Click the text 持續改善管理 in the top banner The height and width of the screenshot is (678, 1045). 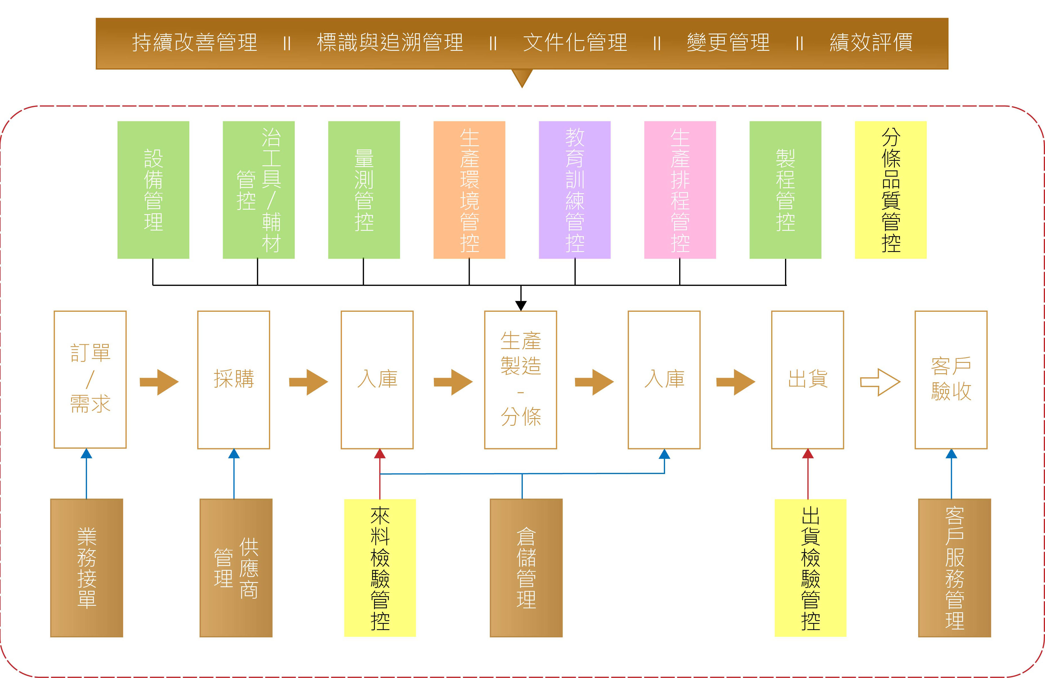tap(194, 43)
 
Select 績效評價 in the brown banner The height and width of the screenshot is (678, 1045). tap(871, 43)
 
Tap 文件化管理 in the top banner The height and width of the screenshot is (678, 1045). tap(575, 43)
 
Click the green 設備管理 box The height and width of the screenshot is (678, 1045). tap(153, 190)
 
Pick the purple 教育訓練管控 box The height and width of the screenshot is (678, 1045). tap(574, 190)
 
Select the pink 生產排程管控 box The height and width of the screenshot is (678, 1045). tap(680, 190)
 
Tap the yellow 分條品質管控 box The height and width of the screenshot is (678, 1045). tap(890, 190)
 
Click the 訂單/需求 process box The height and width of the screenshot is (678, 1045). tap(90, 379)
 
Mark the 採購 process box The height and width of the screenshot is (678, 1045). tap(234, 379)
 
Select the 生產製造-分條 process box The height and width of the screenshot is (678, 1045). tap(520, 379)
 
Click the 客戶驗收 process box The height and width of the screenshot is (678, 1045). tap(951, 379)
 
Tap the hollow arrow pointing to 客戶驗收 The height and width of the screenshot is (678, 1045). tap(880, 382)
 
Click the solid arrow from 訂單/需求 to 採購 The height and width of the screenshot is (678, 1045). tap(159, 382)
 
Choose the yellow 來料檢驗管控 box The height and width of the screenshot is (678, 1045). tap(380, 568)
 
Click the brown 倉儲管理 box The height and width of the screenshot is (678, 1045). tap(526, 568)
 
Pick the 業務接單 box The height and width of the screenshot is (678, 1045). tap(86, 568)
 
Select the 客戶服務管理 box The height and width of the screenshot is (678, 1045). tap(955, 568)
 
